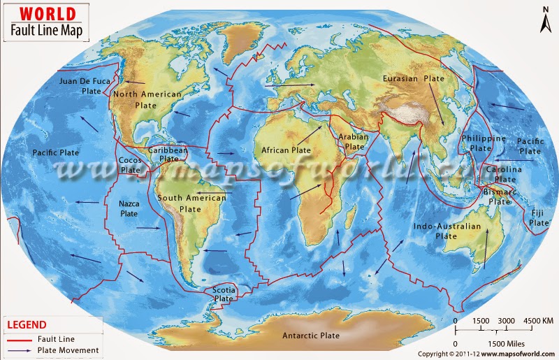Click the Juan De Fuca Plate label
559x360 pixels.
pos(85,86)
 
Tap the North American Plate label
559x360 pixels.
pos(147,99)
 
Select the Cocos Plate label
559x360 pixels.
pos(129,164)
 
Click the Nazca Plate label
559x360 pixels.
pos(129,208)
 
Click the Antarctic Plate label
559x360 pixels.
pos(311,336)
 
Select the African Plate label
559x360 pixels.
pos(286,150)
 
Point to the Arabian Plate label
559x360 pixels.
pos(354,142)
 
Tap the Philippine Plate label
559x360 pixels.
pos(483,143)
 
